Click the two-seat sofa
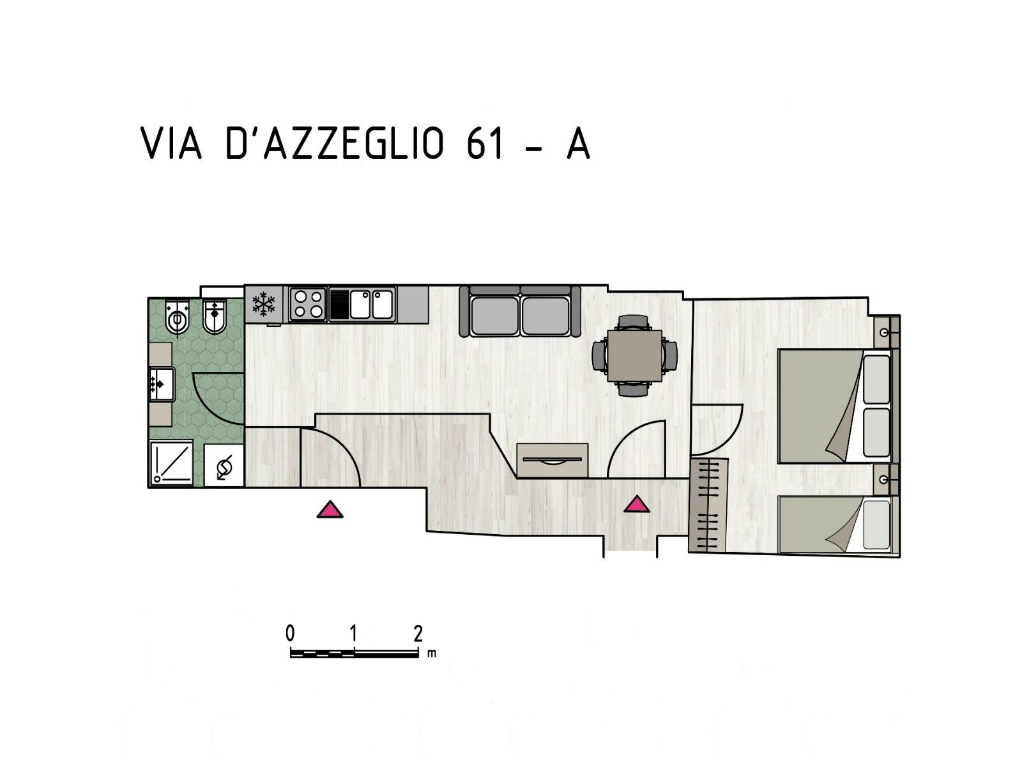click(x=520, y=312)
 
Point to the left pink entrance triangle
click(x=330, y=509)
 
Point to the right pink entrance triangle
click(x=636, y=505)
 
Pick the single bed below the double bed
click(x=834, y=524)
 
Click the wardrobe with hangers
click(x=709, y=505)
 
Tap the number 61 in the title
click(x=485, y=143)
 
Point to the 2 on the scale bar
click(x=418, y=634)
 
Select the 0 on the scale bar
click(x=291, y=634)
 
